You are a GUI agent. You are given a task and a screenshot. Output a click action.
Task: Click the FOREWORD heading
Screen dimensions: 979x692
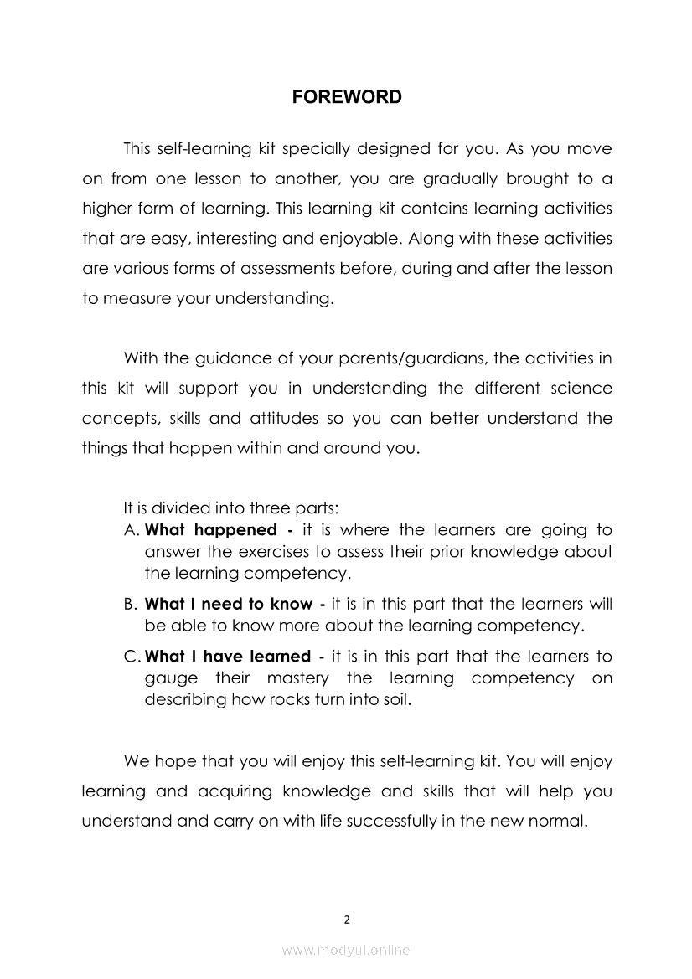347,97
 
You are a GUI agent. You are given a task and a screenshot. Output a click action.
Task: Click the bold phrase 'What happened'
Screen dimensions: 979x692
210,530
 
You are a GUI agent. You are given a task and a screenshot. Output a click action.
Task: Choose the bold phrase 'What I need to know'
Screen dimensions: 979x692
229,604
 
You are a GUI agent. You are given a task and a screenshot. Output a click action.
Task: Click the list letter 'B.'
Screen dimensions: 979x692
130,604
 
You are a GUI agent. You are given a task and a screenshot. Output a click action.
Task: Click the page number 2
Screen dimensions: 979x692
347,919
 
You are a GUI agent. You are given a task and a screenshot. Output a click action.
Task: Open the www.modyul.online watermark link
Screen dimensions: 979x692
346,950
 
